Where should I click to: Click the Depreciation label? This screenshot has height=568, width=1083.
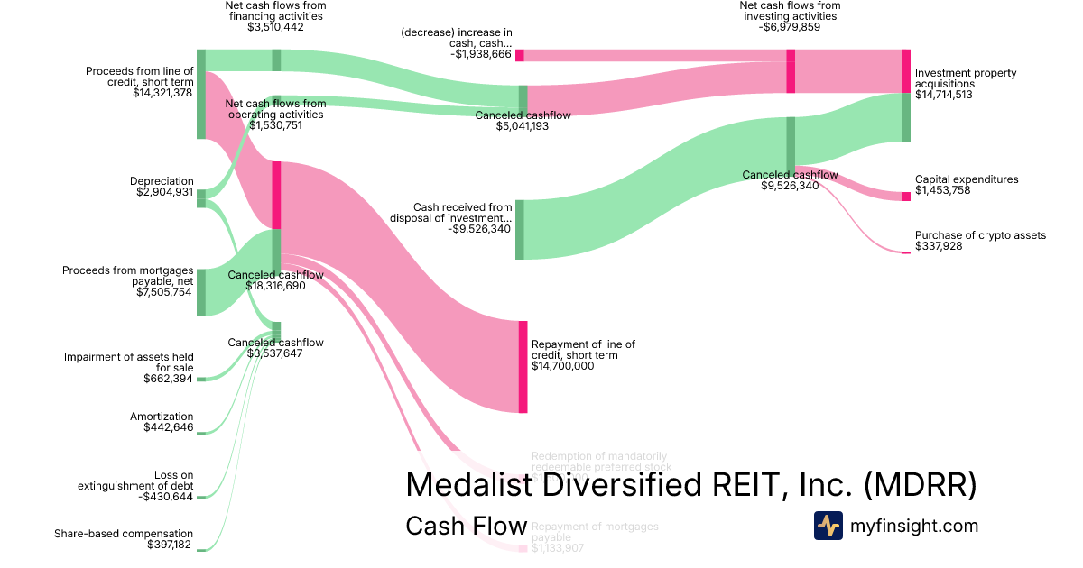[162, 181]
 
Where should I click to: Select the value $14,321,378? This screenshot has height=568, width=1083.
[162, 93]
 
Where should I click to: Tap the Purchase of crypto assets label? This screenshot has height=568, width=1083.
[980, 235]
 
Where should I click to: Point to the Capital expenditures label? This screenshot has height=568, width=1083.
[966, 179]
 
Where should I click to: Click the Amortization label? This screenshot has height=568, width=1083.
[162, 417]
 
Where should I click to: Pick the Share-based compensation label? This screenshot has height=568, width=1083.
[124, 534]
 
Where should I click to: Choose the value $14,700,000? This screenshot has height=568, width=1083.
[562, 366]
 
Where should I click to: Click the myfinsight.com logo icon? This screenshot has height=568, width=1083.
[828, 526]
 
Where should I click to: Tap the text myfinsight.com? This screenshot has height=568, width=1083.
[914, 526]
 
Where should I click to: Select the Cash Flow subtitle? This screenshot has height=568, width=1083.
[466, 526]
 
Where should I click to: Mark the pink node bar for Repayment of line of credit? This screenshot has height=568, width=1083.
[523, 366]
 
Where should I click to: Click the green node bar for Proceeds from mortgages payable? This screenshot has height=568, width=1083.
[201, 292]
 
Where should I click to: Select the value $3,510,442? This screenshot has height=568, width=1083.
[275, 28]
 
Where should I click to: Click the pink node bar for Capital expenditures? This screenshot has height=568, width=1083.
[905, 197]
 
